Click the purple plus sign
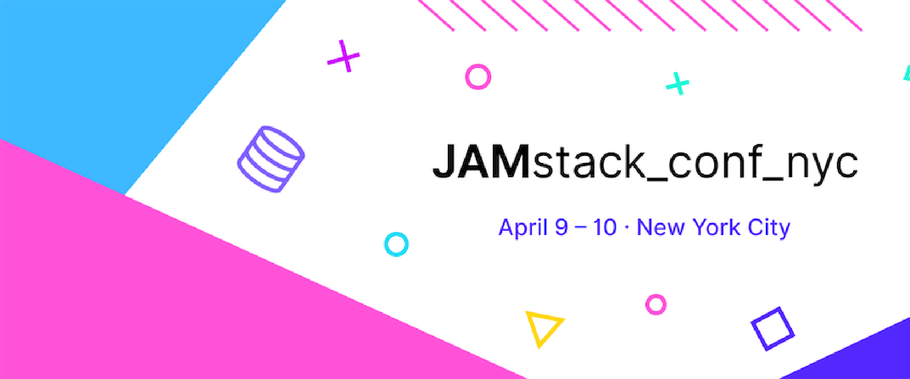coord(344,57)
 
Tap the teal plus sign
coord(678,84)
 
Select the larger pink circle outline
coord(478,77)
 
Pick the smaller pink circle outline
coord(656,304)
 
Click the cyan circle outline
coord(396,244)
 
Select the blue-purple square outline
coord(773,328)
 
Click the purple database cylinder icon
coord(271,159)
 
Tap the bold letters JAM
coord(481,162)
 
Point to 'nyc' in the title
coord(822,165)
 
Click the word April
coord(523,227)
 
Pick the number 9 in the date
coord(562,227)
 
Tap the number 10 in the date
coord(605,227)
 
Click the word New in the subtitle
coord(661,227)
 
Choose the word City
coord(769,228)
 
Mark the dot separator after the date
coord(627,228)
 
